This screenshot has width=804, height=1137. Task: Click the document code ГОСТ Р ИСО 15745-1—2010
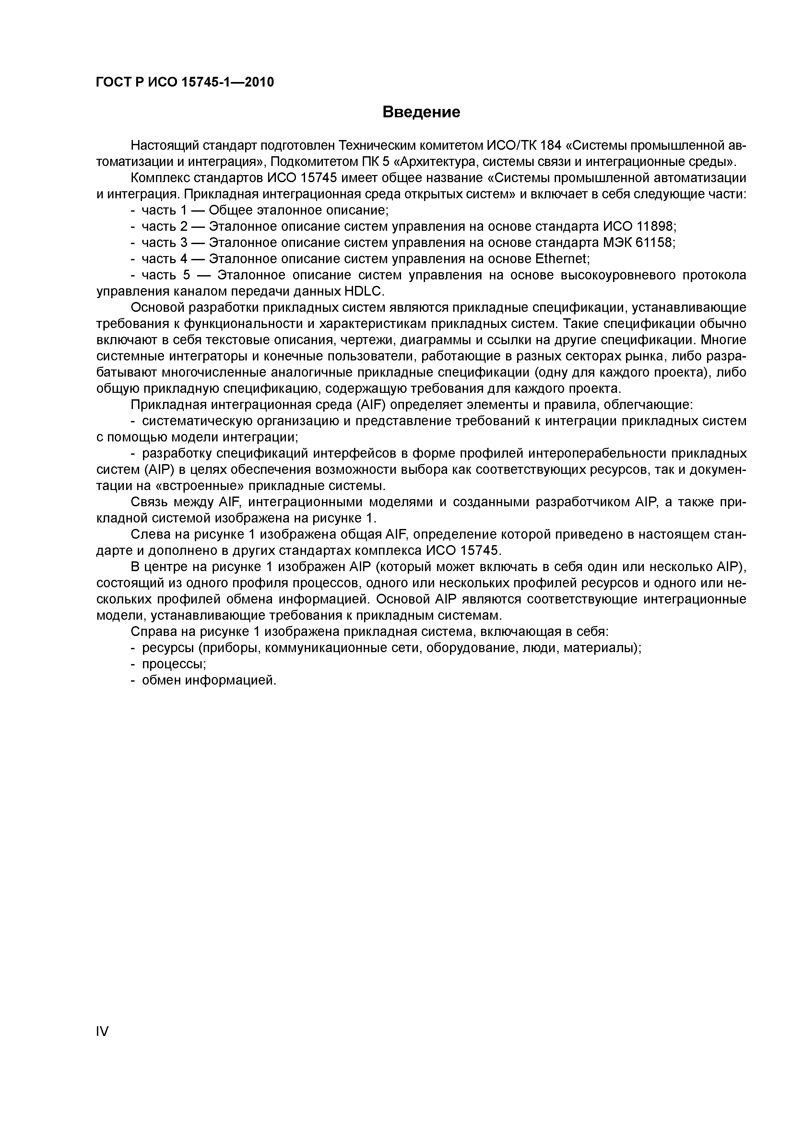(x=185, y=82)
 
